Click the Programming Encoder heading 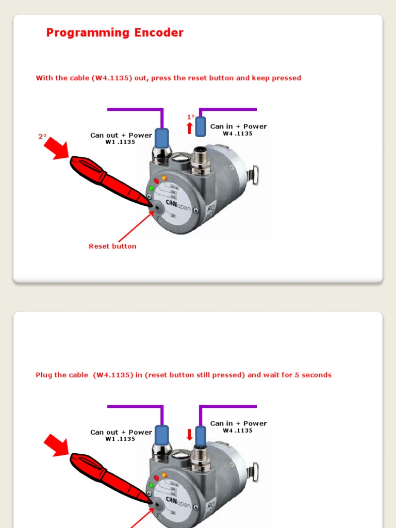coord(114,32)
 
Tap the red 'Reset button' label coord(112,246)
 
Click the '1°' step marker coord(191,117)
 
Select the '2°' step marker coord(42,137)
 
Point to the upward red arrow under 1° coord(190,127)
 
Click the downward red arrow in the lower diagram coord(190,434)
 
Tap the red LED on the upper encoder coord(156,181)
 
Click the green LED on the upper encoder coord(152,188)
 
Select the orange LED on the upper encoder coord(164,178)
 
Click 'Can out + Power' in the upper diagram coord(121,135)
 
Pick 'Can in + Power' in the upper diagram coord(238,126)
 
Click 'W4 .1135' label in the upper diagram coord(238,134)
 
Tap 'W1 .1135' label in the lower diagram coord(120,439)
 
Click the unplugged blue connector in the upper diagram coord(201,126)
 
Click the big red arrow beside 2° coord(56,148)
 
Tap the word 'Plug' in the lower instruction coord(43,375)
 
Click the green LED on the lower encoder coord(152,485)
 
